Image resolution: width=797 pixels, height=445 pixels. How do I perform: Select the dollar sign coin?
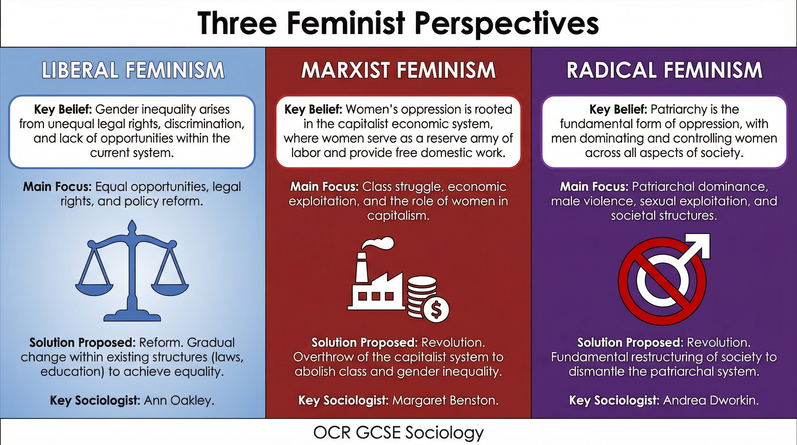[x=436, y=310]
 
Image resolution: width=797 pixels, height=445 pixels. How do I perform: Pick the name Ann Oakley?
[x=179, y=400]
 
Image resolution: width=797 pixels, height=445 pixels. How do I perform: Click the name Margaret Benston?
[x=445, y=400]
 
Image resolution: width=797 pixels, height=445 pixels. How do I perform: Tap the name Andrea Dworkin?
[x=711, y=400]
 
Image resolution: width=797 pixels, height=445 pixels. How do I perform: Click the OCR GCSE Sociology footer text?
[x=398, y=432]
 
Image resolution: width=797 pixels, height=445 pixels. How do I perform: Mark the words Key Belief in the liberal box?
[x=63, y=109]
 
